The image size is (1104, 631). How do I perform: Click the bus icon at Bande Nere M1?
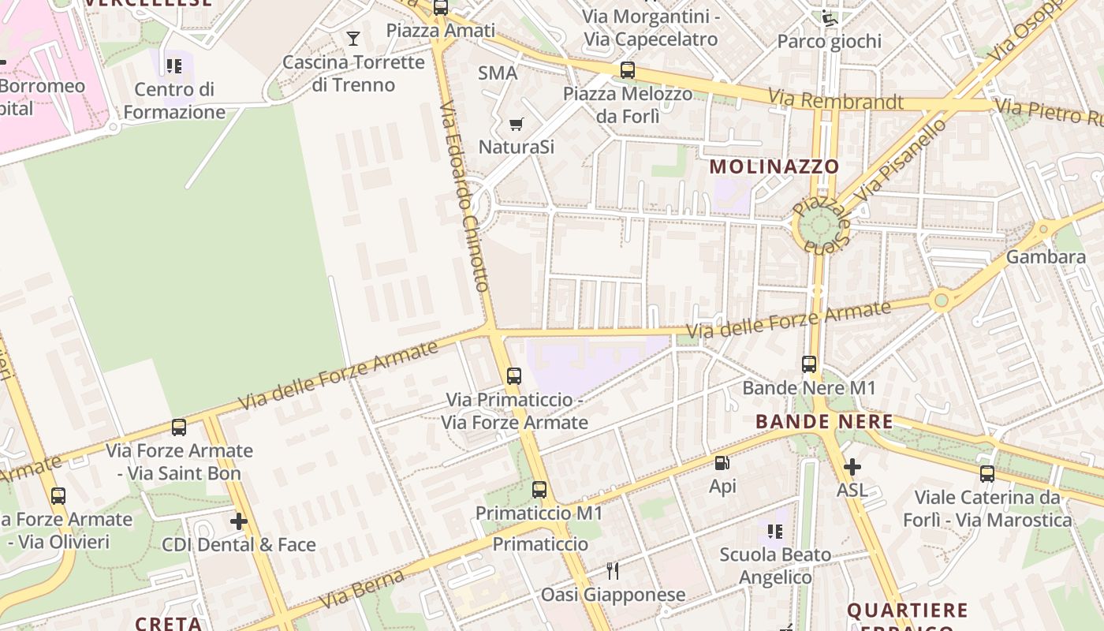[x=809, y=364]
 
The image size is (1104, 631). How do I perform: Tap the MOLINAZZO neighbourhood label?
[x=774, y=166]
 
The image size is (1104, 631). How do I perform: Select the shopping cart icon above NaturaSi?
[x=517, y=124]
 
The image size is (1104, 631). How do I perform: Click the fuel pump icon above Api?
[x=722, y=463]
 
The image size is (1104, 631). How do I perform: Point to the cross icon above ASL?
[x=852, y=467]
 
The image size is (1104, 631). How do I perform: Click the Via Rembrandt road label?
[x=836, y=100]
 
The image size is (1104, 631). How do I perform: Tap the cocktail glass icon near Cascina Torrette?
[x=353, y=38]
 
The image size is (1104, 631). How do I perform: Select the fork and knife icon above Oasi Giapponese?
[x=612, y=570]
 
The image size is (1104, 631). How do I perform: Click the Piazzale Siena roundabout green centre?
[x=819, y=226]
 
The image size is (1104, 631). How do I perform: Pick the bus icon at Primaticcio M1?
[x=539, y=490]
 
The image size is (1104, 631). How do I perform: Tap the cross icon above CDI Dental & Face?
[x=239, y=521]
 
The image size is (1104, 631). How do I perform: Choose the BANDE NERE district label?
[x=824, y=422]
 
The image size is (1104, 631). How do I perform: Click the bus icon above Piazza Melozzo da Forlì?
[x=628, y=70]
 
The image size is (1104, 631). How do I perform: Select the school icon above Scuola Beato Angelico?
[x=775, y=532]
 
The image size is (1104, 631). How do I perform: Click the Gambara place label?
[x=1046, y=257]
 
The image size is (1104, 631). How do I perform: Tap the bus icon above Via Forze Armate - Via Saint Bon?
[x=179, y=428]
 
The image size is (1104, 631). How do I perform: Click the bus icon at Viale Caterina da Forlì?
[x=987, y=474]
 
